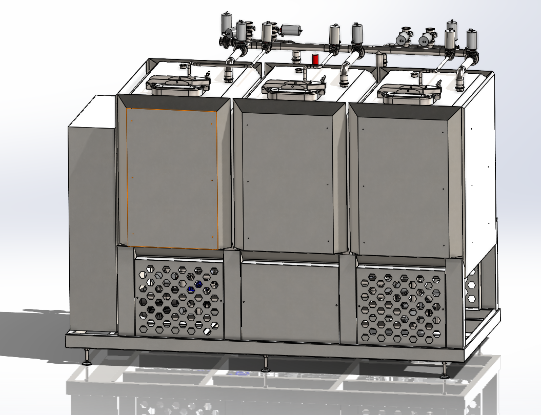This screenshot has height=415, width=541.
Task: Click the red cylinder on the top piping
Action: [x=315, y=59]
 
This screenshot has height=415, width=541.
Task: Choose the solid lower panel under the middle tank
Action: [x=290, y=302]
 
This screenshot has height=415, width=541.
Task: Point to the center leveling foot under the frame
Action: [x=265, y=364]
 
